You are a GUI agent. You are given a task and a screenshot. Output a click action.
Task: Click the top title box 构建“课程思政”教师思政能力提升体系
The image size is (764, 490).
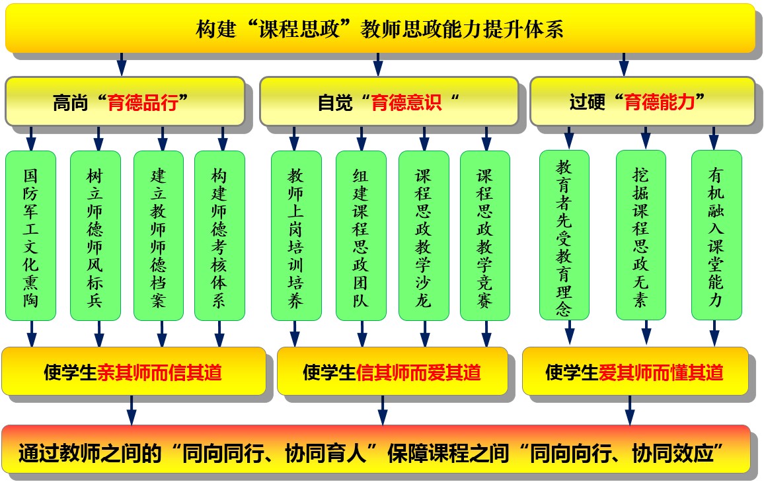tap(380, 28)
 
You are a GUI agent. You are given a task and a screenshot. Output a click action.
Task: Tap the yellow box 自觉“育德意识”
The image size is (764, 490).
tap(388, 102)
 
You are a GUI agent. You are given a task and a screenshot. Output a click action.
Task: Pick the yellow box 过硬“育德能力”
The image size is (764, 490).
tap(641, 102)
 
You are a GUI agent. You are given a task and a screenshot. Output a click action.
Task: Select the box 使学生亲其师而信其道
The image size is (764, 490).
tap(134, 372)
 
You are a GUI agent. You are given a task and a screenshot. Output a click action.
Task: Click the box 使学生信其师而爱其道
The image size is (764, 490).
tap(392, 372)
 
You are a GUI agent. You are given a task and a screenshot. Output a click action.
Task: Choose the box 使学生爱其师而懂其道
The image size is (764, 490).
tap(634, 372)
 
